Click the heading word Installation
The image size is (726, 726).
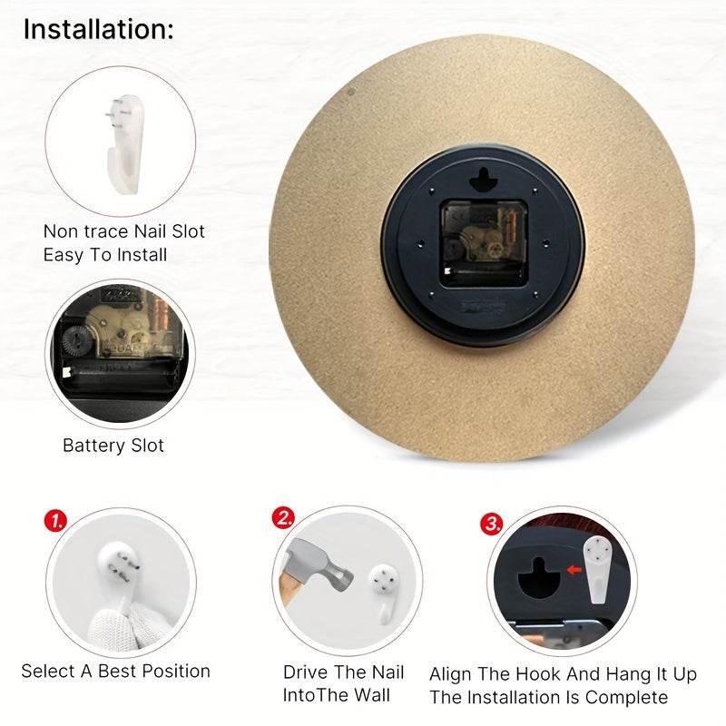[x=95, y=29]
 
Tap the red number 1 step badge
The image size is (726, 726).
[x=55, y=521]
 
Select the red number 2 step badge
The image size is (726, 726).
[x=283, y=518]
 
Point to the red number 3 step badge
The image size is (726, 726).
[x=491, y=524]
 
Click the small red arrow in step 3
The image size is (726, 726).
[x=574, y=570]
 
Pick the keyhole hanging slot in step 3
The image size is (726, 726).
[x=539, y=579]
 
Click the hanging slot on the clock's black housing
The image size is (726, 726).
[x=484, y=180]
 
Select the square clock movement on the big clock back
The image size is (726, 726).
[x=484, y=243]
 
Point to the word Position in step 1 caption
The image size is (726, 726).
[x=176, y=671]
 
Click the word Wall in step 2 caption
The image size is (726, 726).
[x=372, y=695]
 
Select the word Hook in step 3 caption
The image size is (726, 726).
[x=538, y=674]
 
